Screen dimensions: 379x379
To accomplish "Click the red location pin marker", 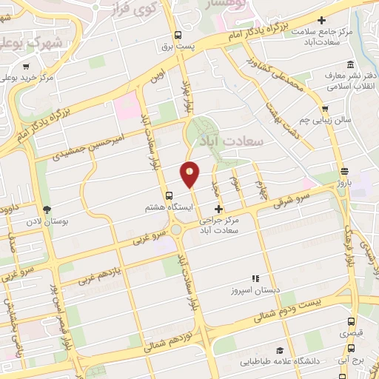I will pos(190,174).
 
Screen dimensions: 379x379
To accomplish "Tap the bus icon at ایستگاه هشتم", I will pos(170,196).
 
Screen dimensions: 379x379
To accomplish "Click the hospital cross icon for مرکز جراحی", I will pos(218,209).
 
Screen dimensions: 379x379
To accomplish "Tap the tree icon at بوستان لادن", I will pos(47,209).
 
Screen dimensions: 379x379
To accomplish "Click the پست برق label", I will pos(178,47).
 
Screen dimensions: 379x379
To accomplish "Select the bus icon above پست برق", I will pos(178,35).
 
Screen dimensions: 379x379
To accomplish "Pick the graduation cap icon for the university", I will pos(280,350).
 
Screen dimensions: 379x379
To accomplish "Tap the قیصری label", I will pos(351,334).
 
